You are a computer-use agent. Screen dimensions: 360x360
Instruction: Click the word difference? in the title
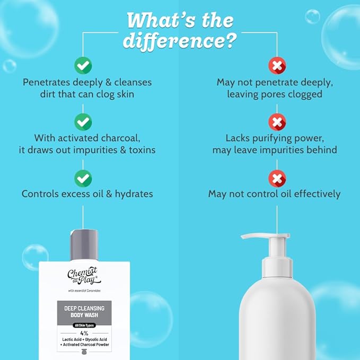(x=180, y=41)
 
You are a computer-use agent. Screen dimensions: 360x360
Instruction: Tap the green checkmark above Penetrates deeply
(x=83, y=65)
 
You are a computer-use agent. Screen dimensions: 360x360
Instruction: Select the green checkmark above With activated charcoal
(x=83, y=122)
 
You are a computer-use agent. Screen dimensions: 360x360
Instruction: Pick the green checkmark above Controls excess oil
(x=83, y=178)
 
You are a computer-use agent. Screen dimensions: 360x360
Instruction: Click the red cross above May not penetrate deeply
(x=277, y=66)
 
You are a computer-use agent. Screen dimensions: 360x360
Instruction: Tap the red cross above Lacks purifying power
(x=277, y=122)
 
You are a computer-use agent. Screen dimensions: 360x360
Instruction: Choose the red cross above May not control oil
(x=277, y=178)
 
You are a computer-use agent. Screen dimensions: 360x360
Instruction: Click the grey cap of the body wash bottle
(x=84, y=245)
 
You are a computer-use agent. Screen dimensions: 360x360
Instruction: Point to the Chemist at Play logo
(x=84, y=276)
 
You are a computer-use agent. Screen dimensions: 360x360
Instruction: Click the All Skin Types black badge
(x=84, y=326)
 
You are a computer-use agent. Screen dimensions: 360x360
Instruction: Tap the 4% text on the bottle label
(x=84, y=333)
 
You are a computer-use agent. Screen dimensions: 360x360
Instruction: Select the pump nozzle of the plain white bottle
(x=266, y=236)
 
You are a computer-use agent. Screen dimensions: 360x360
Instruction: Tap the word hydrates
(x=134, y=194)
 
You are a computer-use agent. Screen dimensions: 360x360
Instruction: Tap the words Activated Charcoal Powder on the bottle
(x=86, y=345)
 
